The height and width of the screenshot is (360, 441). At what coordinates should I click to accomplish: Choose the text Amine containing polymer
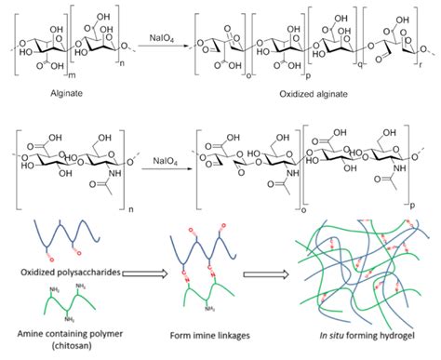point(60,334)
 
